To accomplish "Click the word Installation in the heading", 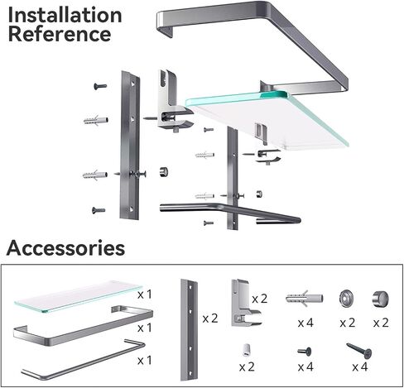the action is coord(65,15).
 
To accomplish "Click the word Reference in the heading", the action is coord(60,34).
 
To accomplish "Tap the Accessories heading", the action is coord(65,248).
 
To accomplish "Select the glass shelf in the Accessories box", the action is coord(78,296).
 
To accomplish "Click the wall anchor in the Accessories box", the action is coord(305,299).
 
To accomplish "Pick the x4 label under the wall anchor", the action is coord(305,323).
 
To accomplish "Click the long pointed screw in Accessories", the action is coord(359,350).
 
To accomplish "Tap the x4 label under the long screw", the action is coord(360,366).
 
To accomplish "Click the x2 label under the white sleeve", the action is coord(247,366).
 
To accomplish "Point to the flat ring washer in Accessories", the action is coord(347,298).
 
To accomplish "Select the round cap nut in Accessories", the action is coord(380,299).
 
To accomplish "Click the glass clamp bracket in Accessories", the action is coord(245,303).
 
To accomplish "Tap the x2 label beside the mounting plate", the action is coord(210,319).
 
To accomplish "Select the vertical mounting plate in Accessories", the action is coord(190,330).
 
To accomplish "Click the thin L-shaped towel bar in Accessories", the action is coord(83,360).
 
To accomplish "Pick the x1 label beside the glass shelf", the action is coord(145,295).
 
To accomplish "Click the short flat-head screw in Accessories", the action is coord(305,352).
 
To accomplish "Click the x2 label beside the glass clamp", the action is coord(260,299).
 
